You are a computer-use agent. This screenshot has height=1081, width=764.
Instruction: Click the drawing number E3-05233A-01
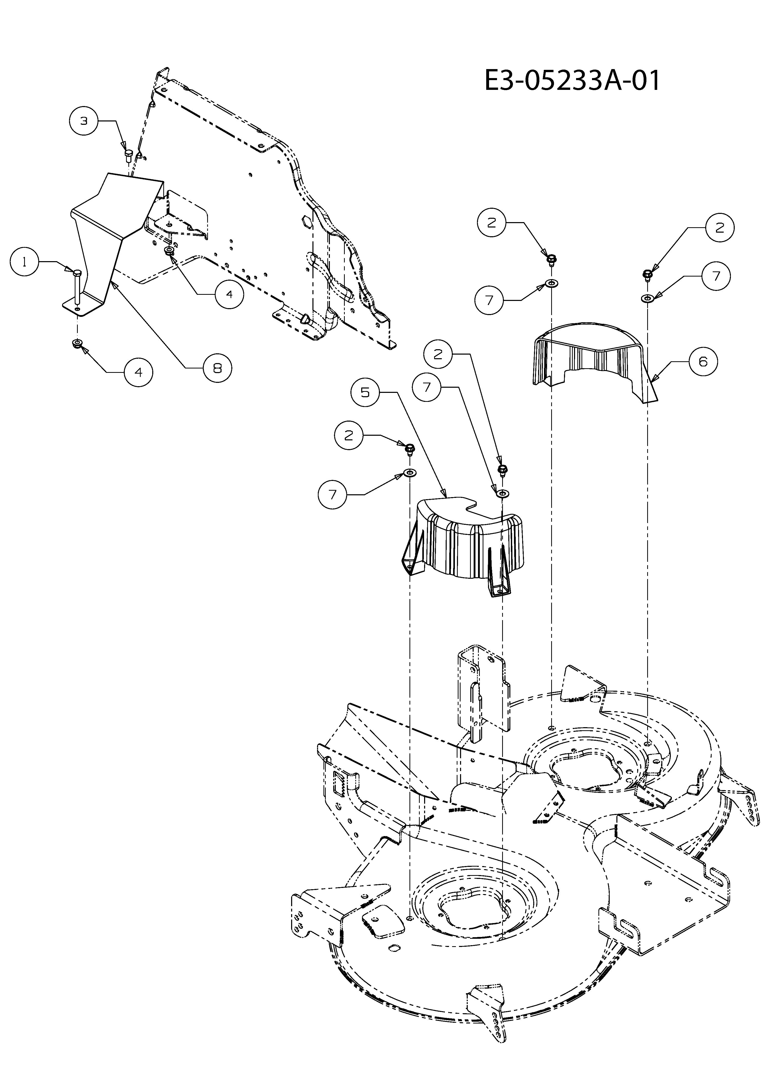point(572,81)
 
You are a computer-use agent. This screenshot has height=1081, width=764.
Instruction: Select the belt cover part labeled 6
point(596,358)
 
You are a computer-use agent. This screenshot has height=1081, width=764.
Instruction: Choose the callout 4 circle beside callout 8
point(229,294)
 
